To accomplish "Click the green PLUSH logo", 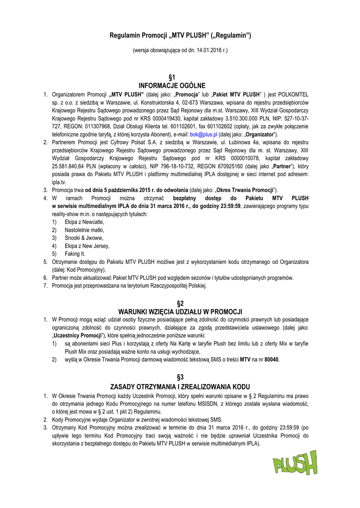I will point(294,463).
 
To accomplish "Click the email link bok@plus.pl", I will point(204,134).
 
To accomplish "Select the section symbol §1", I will point(180,77).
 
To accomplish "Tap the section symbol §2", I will point(180,303).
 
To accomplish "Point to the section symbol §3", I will point(180,378).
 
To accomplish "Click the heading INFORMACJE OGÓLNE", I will point(180,85).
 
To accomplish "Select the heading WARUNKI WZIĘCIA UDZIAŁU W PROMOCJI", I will point(180,312).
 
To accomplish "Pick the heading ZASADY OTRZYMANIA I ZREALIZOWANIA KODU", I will point(180,386).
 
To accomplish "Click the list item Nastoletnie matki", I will point(84,230).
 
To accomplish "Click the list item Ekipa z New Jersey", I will point(87,246).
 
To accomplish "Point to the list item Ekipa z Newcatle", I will point(84,222).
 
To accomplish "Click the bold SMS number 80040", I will point(272,360).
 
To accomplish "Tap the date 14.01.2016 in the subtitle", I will point(204,51).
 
